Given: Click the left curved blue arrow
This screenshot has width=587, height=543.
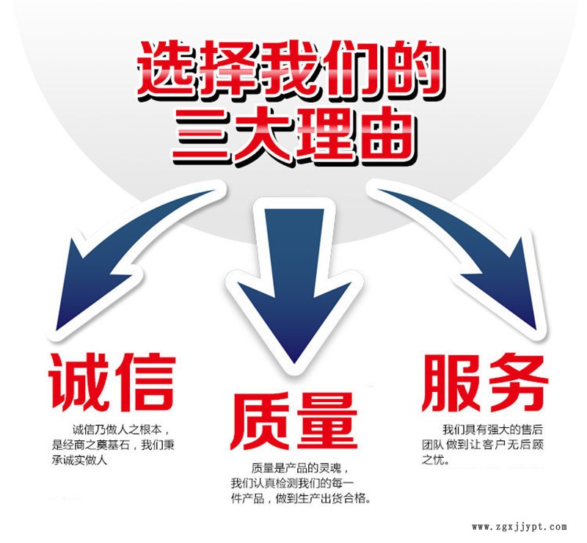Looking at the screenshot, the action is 123,258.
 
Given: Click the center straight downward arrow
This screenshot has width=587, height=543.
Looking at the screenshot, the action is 294,285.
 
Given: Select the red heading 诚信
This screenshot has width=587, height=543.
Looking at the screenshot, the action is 112,383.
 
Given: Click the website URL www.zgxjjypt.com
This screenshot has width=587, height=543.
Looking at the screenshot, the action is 519,527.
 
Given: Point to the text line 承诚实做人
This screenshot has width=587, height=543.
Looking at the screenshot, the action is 79,460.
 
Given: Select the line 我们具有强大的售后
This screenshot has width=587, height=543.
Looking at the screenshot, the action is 492,429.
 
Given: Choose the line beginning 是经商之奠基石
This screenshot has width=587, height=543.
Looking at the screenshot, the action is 113,445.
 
